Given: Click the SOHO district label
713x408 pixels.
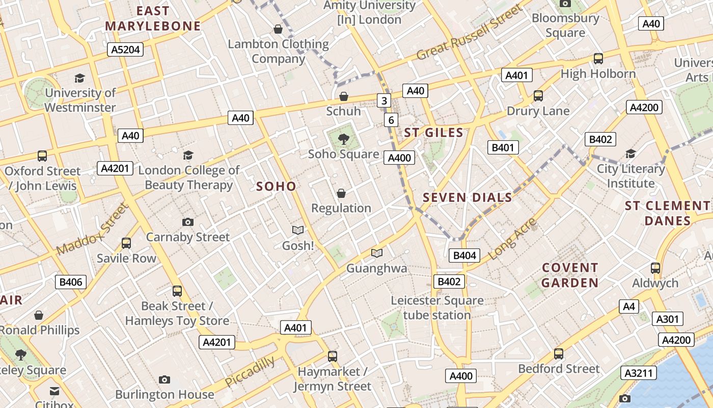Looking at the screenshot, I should (276, 186).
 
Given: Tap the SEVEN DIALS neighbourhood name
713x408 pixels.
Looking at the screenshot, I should (468, 198).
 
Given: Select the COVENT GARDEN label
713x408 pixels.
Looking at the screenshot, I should (570, 275).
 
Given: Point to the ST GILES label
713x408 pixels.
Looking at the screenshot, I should (434, 134).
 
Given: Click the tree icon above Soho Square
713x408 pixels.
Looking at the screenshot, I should (344, 138).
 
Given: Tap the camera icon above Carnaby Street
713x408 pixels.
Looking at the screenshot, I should (188, 222).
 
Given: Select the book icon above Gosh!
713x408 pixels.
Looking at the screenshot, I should (298, 231).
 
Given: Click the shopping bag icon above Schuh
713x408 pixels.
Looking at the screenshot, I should (344, 96).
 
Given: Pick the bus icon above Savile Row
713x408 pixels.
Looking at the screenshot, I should (126, 243).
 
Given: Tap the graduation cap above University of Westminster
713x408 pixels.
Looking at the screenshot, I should (79, 78).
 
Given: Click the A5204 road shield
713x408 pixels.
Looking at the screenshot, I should (125, 49).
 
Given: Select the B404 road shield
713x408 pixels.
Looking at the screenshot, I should (464, 256).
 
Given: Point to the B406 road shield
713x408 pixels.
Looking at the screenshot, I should (71, 282).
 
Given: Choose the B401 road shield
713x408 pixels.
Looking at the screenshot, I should (503, 148).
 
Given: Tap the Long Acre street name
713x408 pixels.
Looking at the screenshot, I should (512, 239).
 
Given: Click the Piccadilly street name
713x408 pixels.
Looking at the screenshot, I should (250, 371).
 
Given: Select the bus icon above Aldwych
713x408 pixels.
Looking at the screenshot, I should (655, 268).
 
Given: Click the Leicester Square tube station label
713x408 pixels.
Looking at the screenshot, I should (437, 308).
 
